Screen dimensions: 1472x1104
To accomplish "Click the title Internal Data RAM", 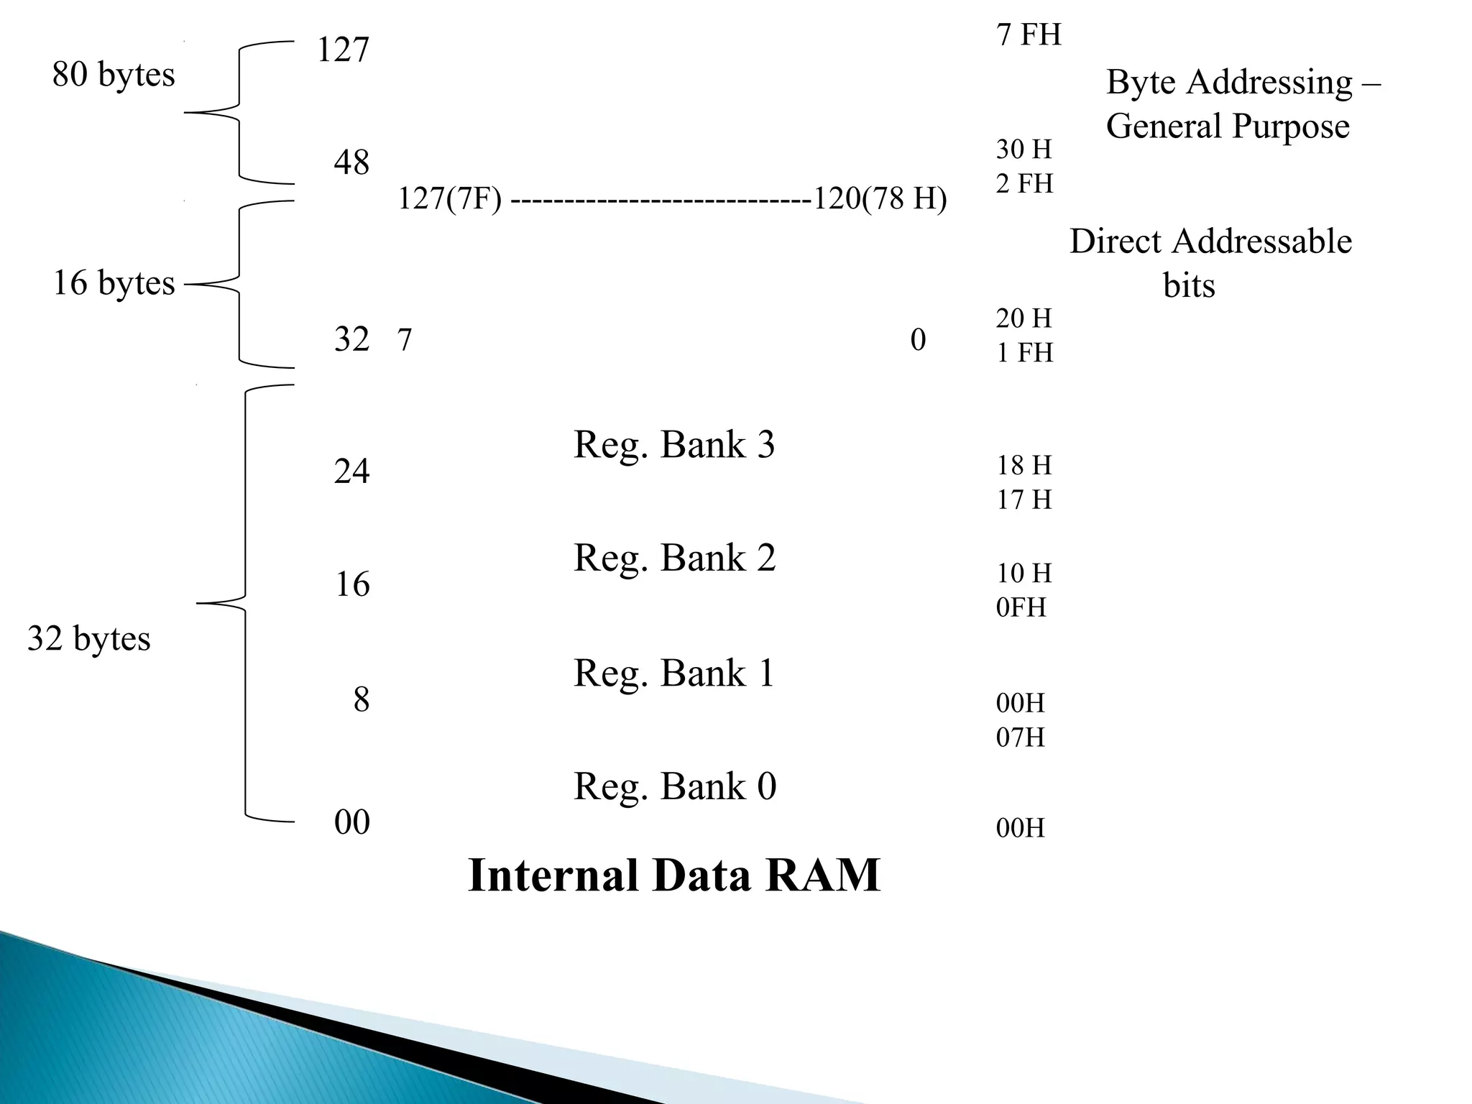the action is pos(673,875).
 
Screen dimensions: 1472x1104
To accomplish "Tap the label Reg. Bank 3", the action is pos(674,444).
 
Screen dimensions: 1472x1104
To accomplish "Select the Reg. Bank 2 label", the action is pos(674,558).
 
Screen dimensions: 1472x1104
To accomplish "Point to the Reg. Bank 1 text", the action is pos(674,673).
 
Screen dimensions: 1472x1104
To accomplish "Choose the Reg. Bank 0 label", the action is pos(674,786).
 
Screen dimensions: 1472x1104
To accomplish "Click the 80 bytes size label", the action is pos(114,74).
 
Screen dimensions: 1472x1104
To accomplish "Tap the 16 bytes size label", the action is pos(114,282).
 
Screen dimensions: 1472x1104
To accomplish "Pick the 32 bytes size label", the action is pos(89,638).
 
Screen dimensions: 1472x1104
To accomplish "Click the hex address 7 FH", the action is pos(1029,34).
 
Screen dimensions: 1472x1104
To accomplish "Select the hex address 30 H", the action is pos(1023,149).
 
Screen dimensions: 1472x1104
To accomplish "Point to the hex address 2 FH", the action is pos(1024,183).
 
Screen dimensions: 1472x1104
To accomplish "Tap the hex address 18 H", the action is pos(1023,465).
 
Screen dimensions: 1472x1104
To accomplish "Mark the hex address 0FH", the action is pos(1021,607).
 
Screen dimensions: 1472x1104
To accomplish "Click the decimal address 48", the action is pos(351,162).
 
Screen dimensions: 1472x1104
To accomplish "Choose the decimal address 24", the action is pos(351,471).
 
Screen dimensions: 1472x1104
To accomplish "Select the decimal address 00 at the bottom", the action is pos(351,822).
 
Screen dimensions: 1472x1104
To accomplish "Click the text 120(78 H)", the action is pos(880,198).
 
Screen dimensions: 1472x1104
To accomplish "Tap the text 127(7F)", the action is pos(449,198).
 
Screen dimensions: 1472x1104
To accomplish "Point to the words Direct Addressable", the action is pos(1210,241).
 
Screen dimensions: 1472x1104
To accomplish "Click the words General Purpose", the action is pos(1228,126).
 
